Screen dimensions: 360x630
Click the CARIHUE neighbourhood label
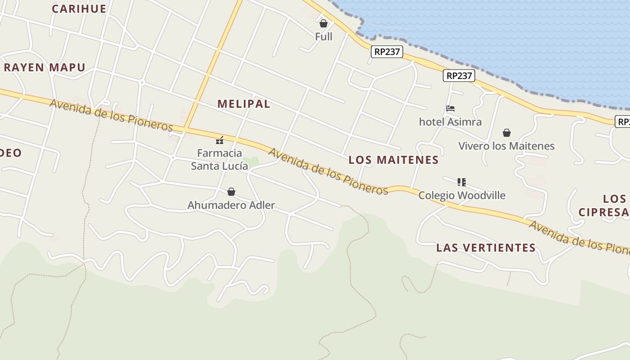[x=79, y=9]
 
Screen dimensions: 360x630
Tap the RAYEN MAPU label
[x=45, y=67]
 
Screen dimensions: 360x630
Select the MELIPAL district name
[x=244, y=104]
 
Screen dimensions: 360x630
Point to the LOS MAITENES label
[x=394, y=160]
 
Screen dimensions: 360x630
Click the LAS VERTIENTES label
[x=486, y=247]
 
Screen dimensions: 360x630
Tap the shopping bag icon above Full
[x=323, y=23]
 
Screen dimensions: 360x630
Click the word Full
[x=324, y=36]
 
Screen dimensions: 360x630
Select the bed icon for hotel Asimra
[x=450, y=108]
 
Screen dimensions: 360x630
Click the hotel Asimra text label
[x=450, y=121]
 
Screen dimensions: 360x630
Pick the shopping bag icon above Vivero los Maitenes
[x=507, y=133]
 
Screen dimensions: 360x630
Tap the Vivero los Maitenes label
[x=506, y=146]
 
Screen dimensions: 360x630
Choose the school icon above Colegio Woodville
[x=462, y=182]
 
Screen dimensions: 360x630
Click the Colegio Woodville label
[x=462, y=195]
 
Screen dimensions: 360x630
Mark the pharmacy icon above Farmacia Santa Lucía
[x=220, y=140]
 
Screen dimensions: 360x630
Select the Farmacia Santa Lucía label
[x=220, y=159]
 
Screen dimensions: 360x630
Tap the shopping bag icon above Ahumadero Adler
[x=231, y=192]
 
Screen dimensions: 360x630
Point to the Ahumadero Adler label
[x=231, y=205]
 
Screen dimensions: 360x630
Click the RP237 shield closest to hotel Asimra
[x=459, y=76]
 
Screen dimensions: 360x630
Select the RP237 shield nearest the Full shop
[x=387, y=52]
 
